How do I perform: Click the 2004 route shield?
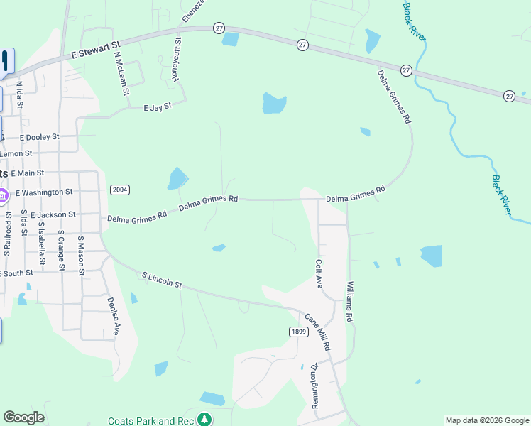pyautogui.click(x=119, y=190)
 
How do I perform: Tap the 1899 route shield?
pyautogui.click(x=298, y=332)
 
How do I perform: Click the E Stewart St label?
pyautogui.click(x=94, y=49)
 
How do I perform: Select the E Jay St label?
pyautogui.click(x=158, y=107)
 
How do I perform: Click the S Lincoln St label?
pyautogui.click(x=162, y=280)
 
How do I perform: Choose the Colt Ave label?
pyautogui.click(x=319, y=273)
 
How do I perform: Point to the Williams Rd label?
pyautogui.click(x=350, y=302)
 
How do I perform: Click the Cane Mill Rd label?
pyautogui.click(x=318, y=332)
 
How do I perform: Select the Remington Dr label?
pyautogui.click(x=314, y=386)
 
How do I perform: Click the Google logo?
pyautogui.click(x=23, y=417)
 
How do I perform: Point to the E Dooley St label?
pyautogui.click(x=40, y=136)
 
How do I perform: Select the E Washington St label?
pyautogui.click(x=44, y=192)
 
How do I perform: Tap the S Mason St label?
pyautogui.click(x=81, y=256)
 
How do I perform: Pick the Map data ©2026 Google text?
pyautogui.click(x=486, y=420)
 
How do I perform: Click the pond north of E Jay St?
pyautogui.click(x=274, y=104)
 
